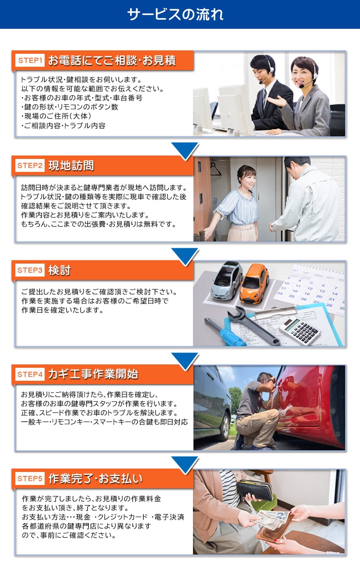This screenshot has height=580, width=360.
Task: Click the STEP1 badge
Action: click(x=30, y=60)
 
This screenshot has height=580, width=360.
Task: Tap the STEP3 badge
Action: click(x=30, y=270)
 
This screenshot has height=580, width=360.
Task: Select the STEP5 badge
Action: click(x=30, y=478)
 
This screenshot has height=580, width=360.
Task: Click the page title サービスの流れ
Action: click(x=175, y=14)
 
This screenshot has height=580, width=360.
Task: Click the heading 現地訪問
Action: click(x=71, y=166)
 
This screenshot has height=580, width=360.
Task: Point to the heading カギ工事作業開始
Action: click(x=93, y=374)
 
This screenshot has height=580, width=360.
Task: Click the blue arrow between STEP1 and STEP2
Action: click(x=185, y=151)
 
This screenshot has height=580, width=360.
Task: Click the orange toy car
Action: click(x=254, y=284)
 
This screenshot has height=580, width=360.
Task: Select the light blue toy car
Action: click(x=226, y=280)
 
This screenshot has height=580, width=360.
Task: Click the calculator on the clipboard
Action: click(x=300, y=330)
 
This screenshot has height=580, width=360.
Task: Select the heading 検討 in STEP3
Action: click(x=59, y=270)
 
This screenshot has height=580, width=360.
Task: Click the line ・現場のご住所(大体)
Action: click(x=56, y=116)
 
